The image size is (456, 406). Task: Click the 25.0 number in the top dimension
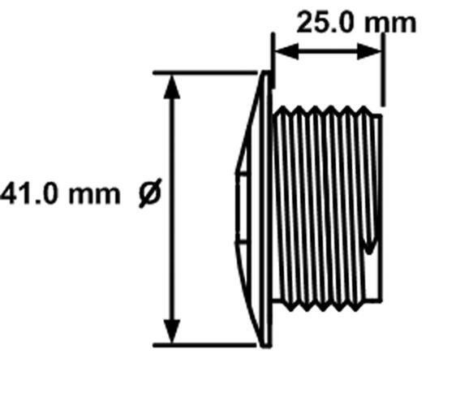pos(325,22)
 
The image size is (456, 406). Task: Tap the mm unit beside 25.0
pos(390,24)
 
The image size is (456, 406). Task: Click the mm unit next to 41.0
pos(94,195)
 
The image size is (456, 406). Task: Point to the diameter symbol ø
pos(150,192)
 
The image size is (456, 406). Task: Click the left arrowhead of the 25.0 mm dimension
pos(286,51)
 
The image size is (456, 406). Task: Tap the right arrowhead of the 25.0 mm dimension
pos(368,51)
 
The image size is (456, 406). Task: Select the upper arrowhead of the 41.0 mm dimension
pos(172,87)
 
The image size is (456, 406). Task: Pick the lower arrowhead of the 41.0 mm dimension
pos(172,331)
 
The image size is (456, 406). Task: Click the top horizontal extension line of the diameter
pos(205,72)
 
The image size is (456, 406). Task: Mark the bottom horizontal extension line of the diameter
pos(205,345)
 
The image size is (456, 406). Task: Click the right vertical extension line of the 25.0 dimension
pos(383,70)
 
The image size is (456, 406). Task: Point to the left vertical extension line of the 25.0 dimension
pos(273,60)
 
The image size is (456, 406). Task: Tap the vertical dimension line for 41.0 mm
pos(172,209)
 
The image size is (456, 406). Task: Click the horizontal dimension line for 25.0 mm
pos(328,51)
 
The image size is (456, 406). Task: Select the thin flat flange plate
pos(267,209)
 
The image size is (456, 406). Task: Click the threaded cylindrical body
pos(323,209)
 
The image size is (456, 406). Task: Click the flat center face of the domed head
pos(241,209)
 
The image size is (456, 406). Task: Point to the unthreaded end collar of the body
pos(377,209)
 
